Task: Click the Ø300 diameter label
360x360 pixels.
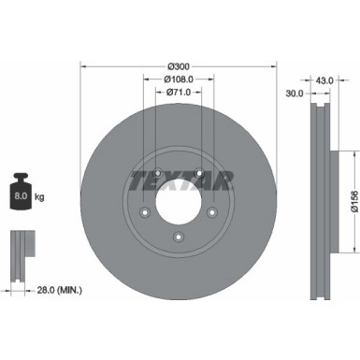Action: click(x=180, y=67)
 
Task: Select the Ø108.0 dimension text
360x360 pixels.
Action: click(x=180, y=80)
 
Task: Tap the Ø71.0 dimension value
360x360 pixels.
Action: click(x=180, y=94)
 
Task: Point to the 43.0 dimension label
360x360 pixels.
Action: click(x=324, y=79)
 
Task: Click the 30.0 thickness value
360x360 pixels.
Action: click(x=295, y=94)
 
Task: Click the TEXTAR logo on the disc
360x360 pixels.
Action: click(x=180, y=178)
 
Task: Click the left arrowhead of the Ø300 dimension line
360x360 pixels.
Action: click(x=84, y=67)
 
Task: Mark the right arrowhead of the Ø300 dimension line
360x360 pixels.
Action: click(x=276, y=67)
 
